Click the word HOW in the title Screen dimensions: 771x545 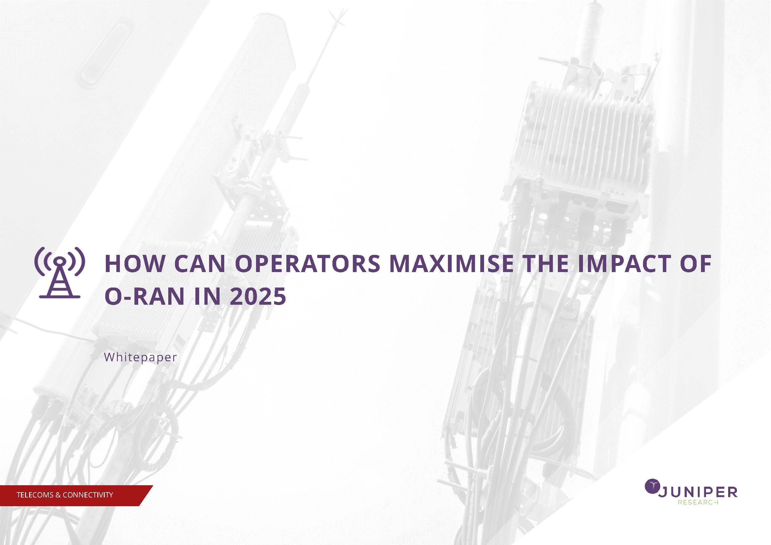[135, 264]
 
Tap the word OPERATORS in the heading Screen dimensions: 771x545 [307, 264]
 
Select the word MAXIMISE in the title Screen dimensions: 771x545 [451, 264]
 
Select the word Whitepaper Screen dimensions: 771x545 [140, 357]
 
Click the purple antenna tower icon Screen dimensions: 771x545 [60, 273]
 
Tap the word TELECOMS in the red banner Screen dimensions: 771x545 [35, 495]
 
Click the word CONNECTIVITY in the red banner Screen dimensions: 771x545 [88, 495]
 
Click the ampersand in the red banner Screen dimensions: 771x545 [58, 495]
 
